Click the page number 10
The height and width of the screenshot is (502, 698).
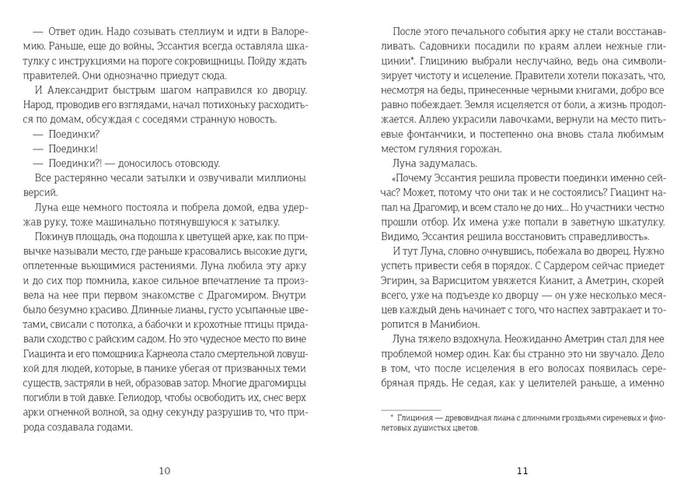[x=164, y=470]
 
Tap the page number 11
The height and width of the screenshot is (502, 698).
[x=522, y=470]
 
